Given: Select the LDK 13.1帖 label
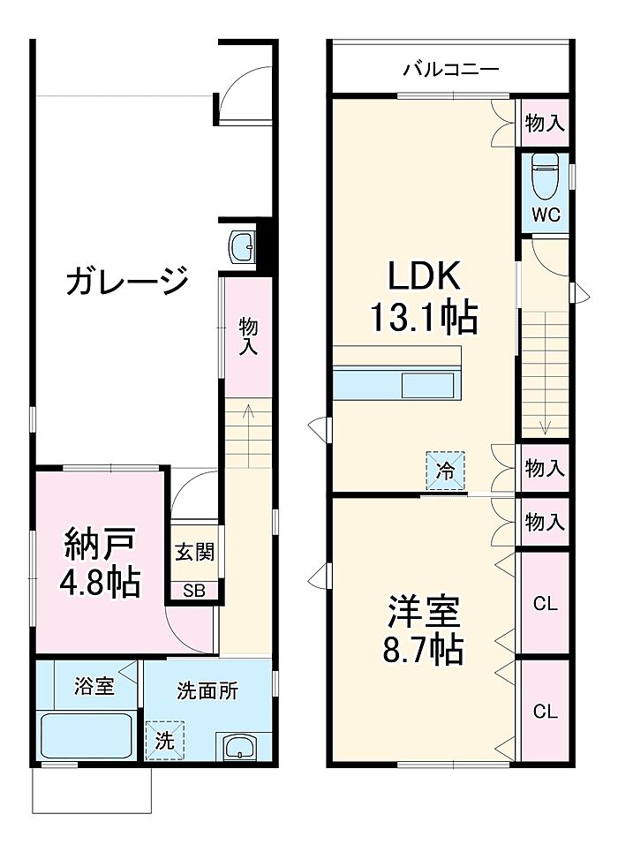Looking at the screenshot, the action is click(x=425, y=296).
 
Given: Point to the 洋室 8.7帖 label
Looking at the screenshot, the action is click(x=424, y=630).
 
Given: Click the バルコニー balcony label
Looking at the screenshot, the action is click(x=451, y=70).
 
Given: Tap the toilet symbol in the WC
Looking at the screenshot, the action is click(x=545, y=176).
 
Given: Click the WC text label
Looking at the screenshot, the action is click(x=546, y=215).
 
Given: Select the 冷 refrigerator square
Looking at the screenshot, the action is click(x=445, y=470).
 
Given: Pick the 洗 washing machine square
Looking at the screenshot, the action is click(x=165, y=740).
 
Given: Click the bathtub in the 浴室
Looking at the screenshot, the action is click(x=87, y=736).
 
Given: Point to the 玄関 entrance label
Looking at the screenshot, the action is click(x=194, y=553).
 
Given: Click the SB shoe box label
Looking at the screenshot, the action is click(x=194, y=592).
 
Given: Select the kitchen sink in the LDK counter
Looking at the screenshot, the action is click(x=427, y=386).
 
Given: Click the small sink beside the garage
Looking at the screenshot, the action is click(x=243, y=248).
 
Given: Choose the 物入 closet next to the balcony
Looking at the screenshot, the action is click(x=545, y=124).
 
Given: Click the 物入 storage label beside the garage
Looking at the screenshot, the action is click(x=248, y=337).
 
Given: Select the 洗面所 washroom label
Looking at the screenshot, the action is click(x=207, y=690).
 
